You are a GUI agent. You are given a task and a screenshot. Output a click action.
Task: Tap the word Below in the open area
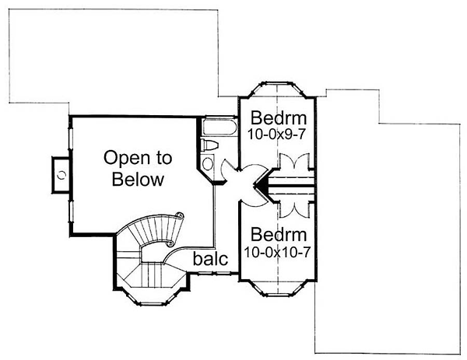pyautogui.click(x=138, y=180)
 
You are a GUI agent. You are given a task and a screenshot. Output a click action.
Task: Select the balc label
pyautogui.click(x=210, y=259)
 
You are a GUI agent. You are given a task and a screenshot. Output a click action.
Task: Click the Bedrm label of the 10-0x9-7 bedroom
pyautogui.click(x=279, y=118)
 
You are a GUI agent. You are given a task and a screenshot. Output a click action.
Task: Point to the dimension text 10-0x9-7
pyautogui.click(x=276, y=135)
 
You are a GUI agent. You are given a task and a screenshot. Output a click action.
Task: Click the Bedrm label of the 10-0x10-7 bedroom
pyautogui.click(x=279, y=235)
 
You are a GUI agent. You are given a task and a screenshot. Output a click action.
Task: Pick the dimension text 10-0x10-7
pyautogui.click(x=277, y=252)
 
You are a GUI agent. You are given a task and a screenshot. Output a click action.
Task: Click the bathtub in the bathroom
pyautogui.click(x=219, y=128)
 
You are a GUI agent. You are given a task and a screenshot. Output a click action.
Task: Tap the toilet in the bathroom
pyautogui.click(x=209, y=145)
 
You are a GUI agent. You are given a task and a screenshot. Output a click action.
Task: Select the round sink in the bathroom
pyautogui.click(x=208, y=163)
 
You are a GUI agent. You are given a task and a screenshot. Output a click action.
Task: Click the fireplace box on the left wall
pyautogui.click(x=61, y=175)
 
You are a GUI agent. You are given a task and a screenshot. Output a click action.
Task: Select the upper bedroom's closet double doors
pyautogui.click(x=294, y=161)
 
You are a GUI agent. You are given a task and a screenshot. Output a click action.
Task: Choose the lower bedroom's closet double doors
pyautogui.click(x=294, y=210)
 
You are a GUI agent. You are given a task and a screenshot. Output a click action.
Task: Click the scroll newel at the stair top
pyautogui.click(x=180, y=215)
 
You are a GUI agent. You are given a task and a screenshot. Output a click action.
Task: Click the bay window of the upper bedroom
pyautogui.click(x=277, y=89)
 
